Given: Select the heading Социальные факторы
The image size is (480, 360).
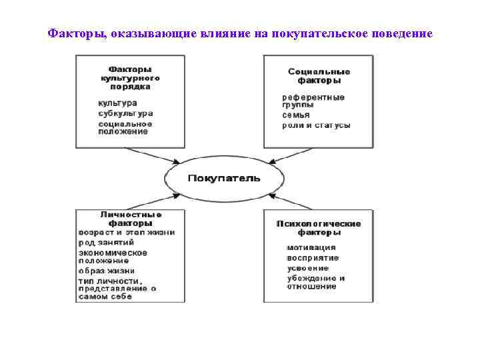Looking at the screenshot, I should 319,75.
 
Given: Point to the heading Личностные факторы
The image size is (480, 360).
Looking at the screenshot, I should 130,219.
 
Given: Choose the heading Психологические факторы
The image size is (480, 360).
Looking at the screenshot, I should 319,228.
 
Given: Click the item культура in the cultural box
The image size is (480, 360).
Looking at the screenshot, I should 117,103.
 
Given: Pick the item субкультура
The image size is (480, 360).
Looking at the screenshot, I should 125,113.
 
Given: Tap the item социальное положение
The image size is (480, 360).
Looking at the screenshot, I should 125,127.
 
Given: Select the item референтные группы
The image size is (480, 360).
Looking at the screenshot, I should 313,101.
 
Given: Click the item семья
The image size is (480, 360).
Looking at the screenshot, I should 296,115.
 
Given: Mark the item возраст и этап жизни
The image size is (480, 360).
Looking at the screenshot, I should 127,233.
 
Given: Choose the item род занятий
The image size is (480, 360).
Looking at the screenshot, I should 107,243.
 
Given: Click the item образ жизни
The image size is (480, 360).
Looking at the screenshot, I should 107,271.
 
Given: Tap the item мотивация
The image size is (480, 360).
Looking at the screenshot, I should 311,247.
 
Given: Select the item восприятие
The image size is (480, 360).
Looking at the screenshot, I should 313,257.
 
